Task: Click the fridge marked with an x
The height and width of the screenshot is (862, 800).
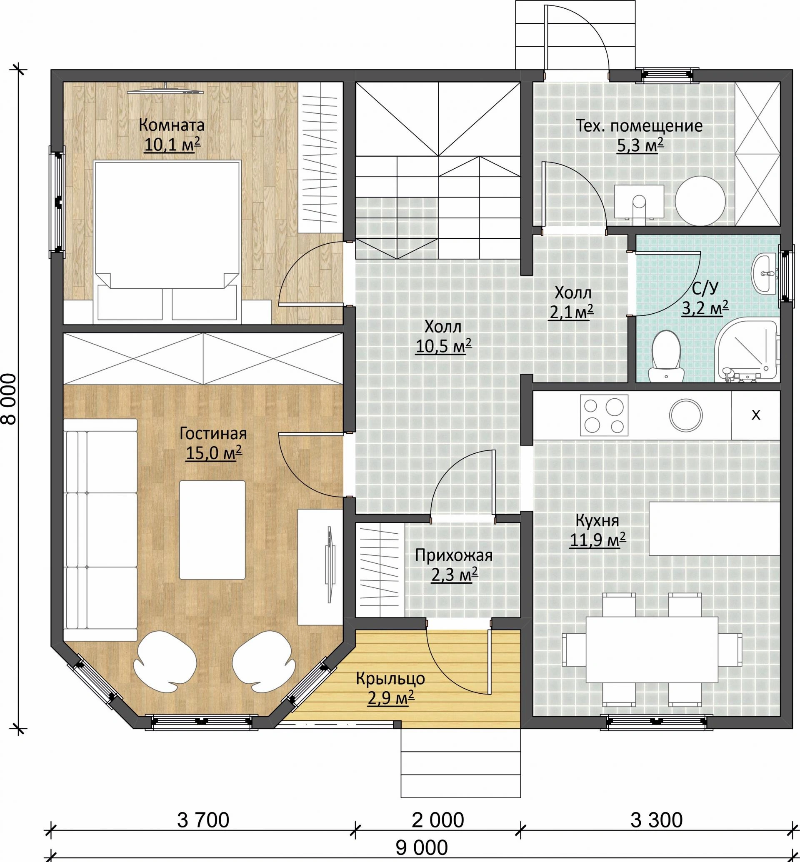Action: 756,415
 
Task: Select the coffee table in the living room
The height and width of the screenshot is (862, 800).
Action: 212,530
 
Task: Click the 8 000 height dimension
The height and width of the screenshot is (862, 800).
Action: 10,399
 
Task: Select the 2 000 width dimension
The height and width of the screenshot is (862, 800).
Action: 437,820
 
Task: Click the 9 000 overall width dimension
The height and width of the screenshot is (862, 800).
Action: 422,848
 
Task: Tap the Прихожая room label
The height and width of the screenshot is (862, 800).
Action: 454,555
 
